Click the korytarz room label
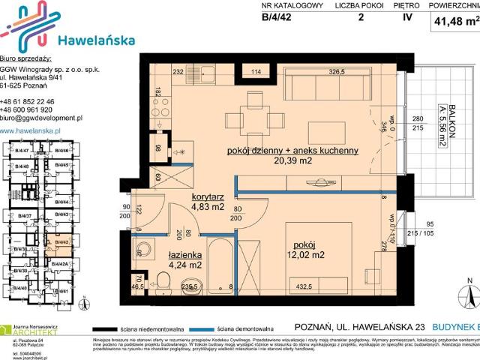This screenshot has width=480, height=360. point(193,196)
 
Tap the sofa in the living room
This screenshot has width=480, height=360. point(314,85)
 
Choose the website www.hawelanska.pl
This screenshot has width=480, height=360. point(31,130)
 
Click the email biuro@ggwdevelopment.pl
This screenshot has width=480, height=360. point(40,118)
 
